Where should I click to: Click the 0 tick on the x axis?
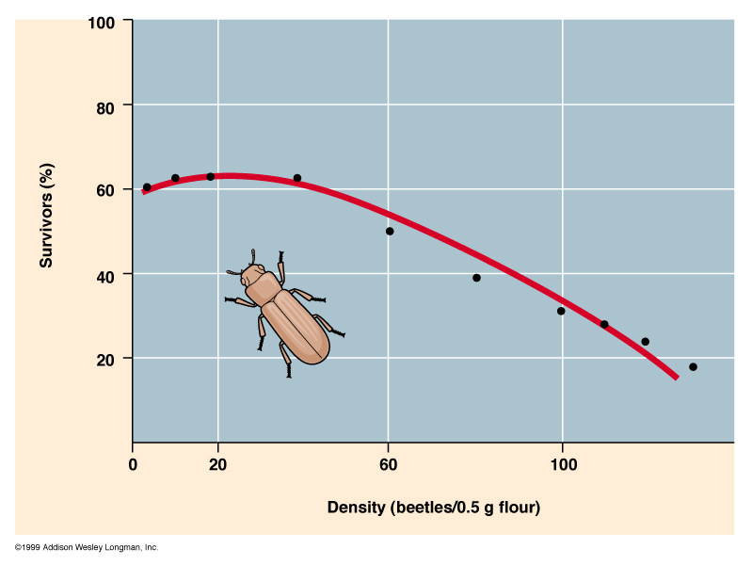click(x=133, y=464)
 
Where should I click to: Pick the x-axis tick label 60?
click(x=388, y=464)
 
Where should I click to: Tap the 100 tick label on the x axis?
click(x=563, y=464)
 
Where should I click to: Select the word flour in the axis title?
click(x=517, y=508)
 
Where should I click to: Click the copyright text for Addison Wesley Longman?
click(x=87, y=547)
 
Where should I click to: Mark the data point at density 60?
click(x=390, y=231)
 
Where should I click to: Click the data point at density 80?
click(x=476, y=278)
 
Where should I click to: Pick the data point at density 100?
click(x=561, y=311)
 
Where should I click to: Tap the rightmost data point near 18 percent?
click(x=693, y=367)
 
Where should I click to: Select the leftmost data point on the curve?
click(x=147, y=187)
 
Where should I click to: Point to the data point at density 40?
click(x=297, y=178)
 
